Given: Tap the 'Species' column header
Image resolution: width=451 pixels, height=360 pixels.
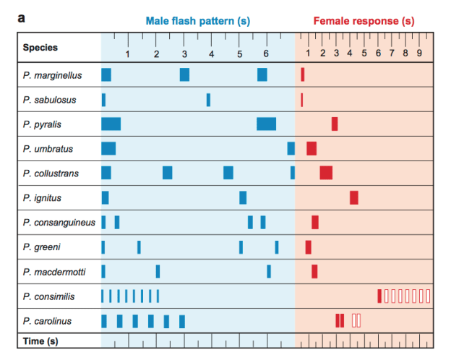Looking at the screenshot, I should click(x=40, y=48).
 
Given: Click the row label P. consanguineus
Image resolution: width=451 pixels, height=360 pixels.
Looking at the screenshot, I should click(x=59, y=223).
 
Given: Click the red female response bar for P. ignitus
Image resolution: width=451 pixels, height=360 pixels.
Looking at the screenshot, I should click(x=354, y=197).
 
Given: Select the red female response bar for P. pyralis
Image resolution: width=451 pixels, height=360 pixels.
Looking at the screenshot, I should click(x=335, y=124).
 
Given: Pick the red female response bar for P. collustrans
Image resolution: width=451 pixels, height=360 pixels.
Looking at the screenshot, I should click(x=326, y=173).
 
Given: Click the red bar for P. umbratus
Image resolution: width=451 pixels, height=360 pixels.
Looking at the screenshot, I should click(x=312, y=148).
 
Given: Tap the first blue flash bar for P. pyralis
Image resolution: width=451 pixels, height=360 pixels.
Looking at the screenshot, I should click(x=111, y=124).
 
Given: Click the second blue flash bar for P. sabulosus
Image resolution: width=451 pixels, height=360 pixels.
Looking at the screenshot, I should click(x=208, y=99).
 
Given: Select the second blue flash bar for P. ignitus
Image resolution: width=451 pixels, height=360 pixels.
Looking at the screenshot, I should click(x=243, y=197).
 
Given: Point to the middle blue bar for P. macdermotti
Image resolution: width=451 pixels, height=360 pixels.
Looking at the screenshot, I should click(x=158, y=271).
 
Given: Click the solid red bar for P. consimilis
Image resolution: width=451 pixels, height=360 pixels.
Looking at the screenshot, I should click(x=379, y=296).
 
